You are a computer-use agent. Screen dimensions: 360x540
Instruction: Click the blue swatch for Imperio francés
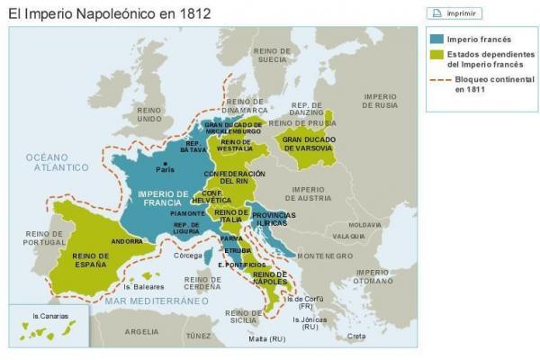pyautogui.click(x=436, y=40)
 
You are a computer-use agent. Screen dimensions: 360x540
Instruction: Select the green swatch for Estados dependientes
pyautogui.click(x=436, y=55)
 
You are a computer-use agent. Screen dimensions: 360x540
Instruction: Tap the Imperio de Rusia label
pyautogui.click(x=379, y=101)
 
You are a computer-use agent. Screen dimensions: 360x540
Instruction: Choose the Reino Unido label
pyautogui.click(x=148, y=114)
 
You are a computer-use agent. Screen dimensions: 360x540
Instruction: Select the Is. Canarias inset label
pyautogui.click(x=48, y=316)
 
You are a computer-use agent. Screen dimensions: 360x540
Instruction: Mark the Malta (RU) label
pyautogui.click(x=266, y=339)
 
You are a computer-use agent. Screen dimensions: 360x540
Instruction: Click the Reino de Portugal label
pyautogui.click(x=31, y=238)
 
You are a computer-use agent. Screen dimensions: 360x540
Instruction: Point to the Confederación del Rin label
pyautogui.click(x=233, y=177)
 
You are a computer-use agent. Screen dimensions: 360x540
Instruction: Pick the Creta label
pyautogui.click(x=356, y=336)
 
